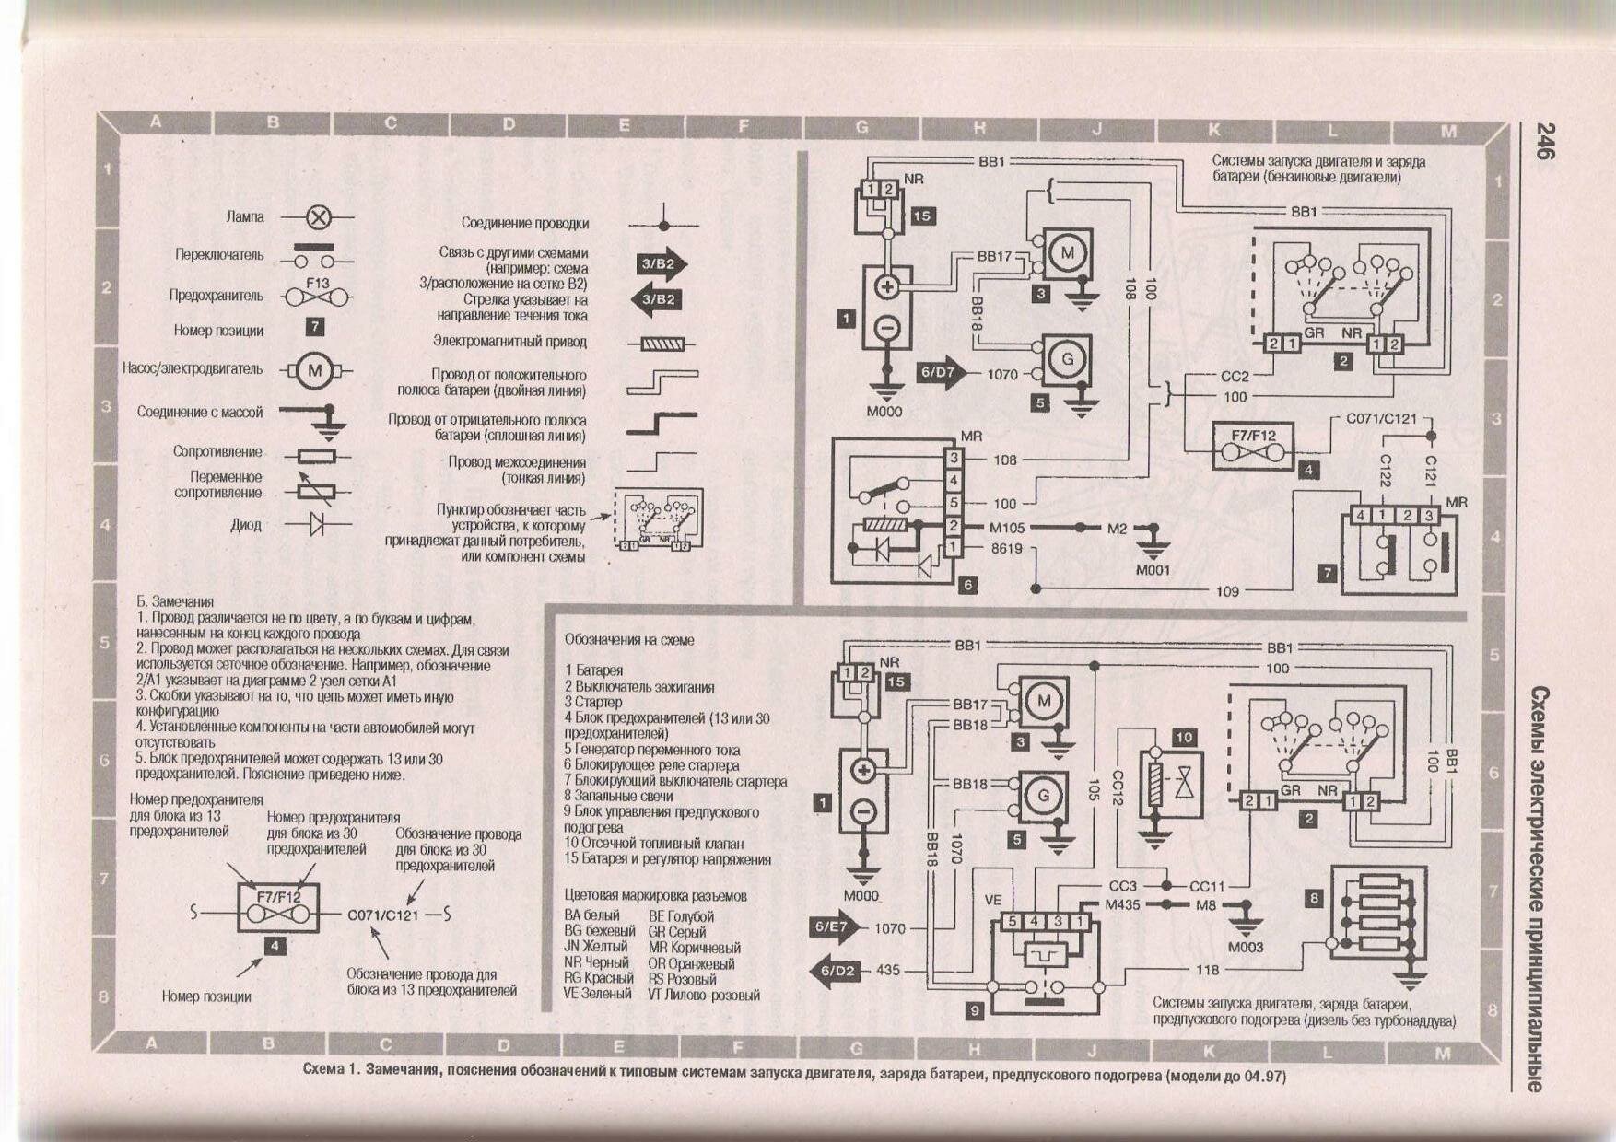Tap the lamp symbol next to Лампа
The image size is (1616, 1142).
[318, 218]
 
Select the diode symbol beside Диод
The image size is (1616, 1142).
[318, 525]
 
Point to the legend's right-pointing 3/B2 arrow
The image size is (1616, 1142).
[661, 263]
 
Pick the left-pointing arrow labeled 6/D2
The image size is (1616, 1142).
[835, 970]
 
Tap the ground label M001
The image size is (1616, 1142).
[1153, 570]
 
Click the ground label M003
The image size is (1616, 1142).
[1246, 947]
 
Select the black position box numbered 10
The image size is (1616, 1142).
[1184, 737]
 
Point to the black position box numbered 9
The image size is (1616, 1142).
[975, 1010]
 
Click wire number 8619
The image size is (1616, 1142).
[1006, 548]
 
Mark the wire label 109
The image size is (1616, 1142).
[1227, 591]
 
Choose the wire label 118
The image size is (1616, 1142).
[1207, 969]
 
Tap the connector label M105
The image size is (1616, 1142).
[1007, 528]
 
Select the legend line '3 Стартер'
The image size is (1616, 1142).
[593, 702]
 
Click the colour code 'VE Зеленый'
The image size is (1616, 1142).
[598, 994]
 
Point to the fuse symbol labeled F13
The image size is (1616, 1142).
[317, 297]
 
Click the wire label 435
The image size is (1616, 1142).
[888, 970]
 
